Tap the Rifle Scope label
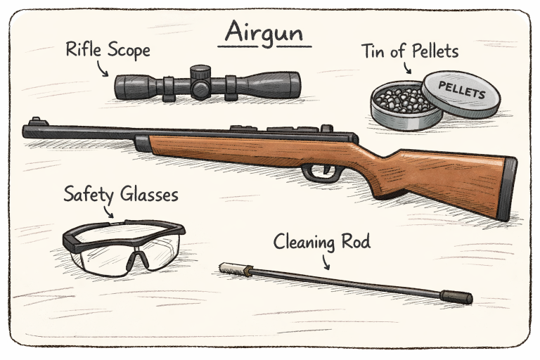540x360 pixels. point(108,50)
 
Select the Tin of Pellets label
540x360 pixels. point(410,51)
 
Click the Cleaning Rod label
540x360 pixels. point(321,243)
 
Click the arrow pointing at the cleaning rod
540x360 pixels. point(324,262)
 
